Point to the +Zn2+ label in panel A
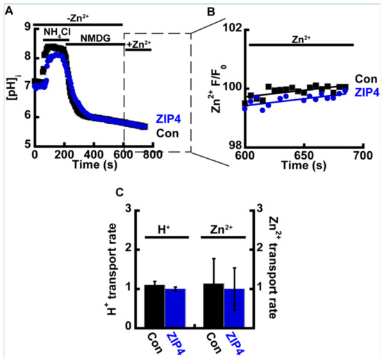pyautogui.click(x=138, y=45)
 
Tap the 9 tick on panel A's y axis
pyautogui.click(x=27, y=26)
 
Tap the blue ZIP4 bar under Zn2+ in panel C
pyautogui.click(x=234, y=307)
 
